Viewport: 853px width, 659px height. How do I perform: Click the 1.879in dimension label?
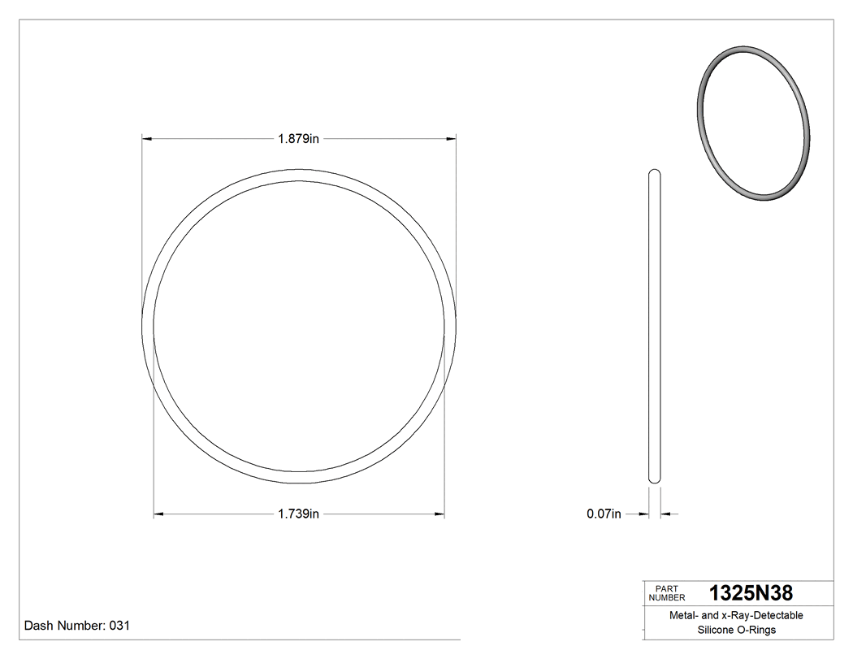(298, 139)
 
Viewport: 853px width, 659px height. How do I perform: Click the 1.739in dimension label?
(298, 514)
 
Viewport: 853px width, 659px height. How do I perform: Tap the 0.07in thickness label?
(604, 514)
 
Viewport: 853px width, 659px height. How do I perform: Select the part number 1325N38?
(751, 592)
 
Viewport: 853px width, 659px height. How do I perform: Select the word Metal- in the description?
(683, 616)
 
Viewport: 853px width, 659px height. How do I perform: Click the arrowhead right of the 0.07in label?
(665, 514)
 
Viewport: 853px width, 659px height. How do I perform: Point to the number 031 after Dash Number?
(119, 626)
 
